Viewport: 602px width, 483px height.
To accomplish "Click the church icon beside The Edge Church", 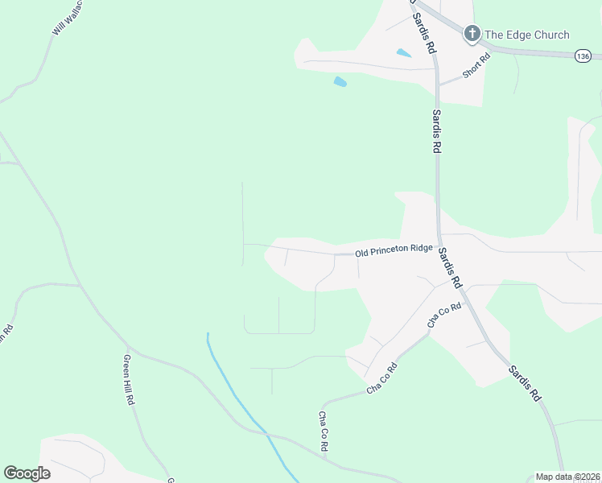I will coord(472,34).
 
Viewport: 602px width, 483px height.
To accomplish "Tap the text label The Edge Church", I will coord(526,35).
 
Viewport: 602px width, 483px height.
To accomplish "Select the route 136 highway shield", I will coord(583,56).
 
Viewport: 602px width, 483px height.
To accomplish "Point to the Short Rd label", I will coord(476,66).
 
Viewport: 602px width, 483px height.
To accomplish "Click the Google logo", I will coord(27,473).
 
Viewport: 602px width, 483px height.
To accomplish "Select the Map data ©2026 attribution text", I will coord(567,477).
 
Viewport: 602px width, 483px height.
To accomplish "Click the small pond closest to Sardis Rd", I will coord(404,54).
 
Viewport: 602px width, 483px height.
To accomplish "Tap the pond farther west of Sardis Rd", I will coord(340,81).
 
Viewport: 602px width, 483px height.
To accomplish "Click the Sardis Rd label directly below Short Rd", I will coord(437,131).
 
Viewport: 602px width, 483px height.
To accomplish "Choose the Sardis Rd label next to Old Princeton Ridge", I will coord(450,268).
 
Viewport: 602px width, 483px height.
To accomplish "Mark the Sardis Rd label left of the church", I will coord(424,32).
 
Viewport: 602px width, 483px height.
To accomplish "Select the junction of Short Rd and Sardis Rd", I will coord(437,83).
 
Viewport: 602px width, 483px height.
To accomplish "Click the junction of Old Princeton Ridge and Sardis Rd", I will coord(439,246).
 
